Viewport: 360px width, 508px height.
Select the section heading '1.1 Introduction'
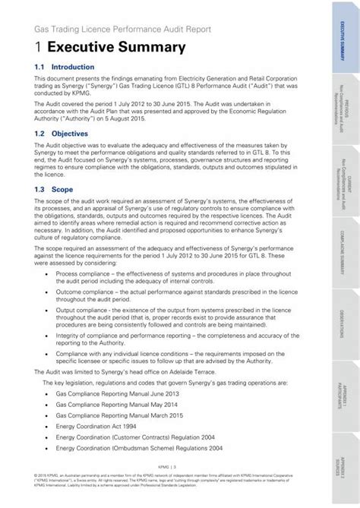[65, 68]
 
